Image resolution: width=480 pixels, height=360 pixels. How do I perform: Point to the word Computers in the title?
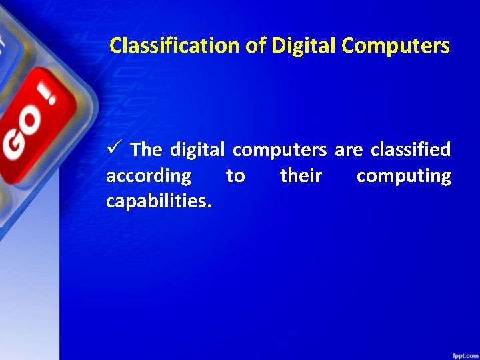click(395, 45)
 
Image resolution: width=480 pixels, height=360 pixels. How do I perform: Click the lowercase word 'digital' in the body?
click(197, 149)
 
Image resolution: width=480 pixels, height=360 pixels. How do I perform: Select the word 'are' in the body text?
click(348, 150)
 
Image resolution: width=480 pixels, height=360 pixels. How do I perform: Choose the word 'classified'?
click(411, 149)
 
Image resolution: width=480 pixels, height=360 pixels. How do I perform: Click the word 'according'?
click(149, 177)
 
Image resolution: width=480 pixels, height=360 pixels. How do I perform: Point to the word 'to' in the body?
click(235, 176)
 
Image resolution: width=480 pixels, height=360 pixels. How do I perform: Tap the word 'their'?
click(301, 176)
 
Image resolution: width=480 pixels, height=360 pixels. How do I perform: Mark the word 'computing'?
click(403, 177)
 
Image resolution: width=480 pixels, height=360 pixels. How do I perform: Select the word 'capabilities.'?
click(159, 201)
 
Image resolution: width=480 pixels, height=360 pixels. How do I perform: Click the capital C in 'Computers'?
click(348, 45)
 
